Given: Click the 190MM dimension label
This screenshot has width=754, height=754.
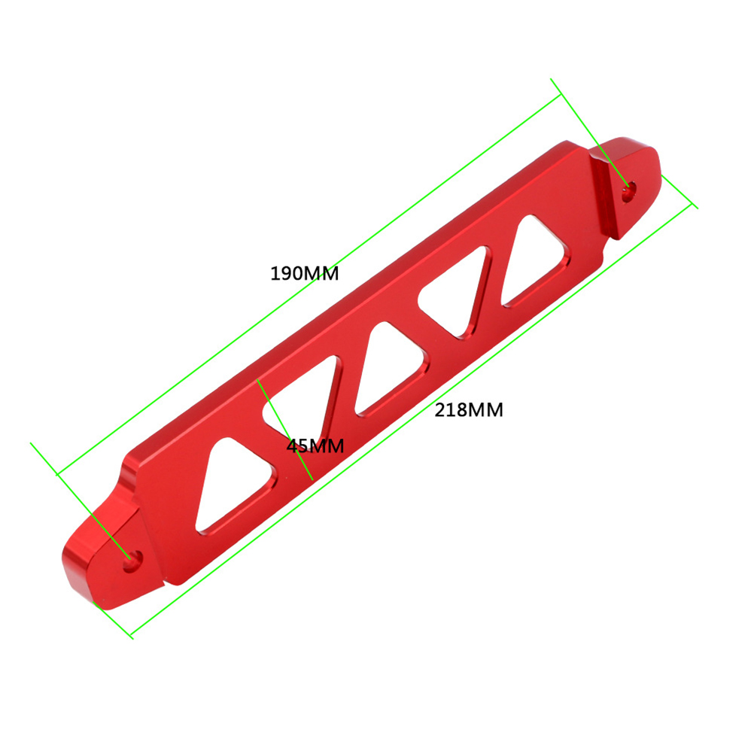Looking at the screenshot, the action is click(305, 273).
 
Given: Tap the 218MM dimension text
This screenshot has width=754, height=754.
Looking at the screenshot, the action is click(469, 409).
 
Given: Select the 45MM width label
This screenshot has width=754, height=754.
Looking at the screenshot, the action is click(315, 445).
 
